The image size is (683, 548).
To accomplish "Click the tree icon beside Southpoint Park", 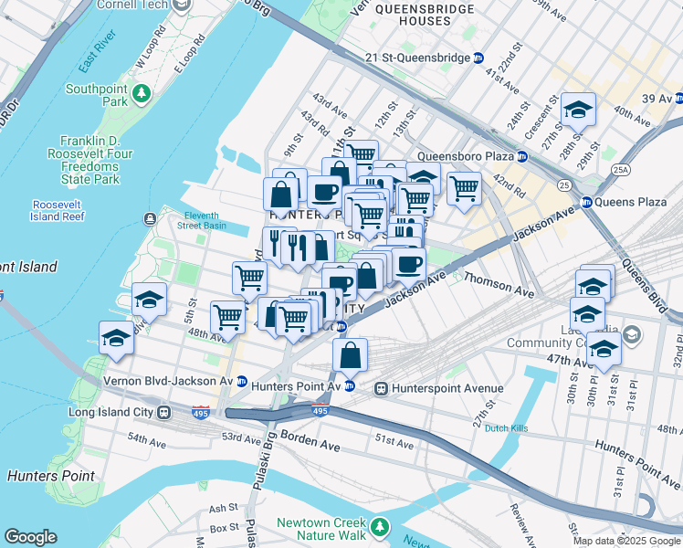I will click(x=142, y=93).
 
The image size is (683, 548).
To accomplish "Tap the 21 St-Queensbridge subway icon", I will click(x=478, y=58).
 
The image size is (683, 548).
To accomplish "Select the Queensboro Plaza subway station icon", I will click(x=520, y=156).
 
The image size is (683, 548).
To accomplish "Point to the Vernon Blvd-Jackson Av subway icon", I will click(x=242, y=381).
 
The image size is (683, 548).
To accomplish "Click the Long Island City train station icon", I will click(x=164, y=411).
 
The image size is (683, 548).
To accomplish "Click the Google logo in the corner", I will click(x=30, y=537).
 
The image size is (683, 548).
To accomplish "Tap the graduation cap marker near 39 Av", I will click(x=578, y=110).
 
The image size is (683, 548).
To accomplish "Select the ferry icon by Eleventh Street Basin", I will click(x=148, y=218).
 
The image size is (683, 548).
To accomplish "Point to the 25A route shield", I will click(x=620, y=170).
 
